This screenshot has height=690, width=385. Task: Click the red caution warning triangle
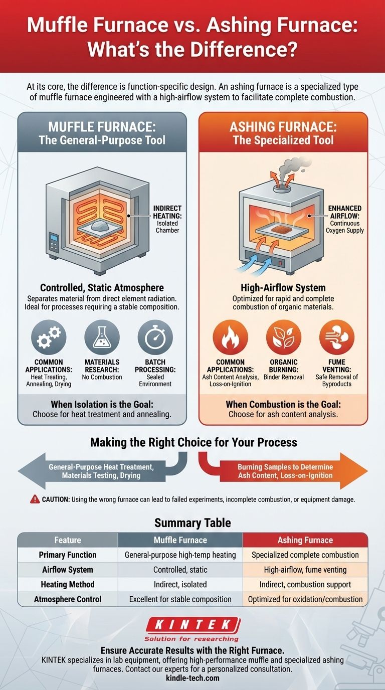coord(35,499)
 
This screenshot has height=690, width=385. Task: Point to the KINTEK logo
coord(192,625)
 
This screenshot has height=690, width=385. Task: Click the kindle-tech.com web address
coord(192,678)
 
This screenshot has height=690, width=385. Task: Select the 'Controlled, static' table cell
coord(180,570)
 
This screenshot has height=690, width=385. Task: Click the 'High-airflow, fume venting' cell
coord(305,570)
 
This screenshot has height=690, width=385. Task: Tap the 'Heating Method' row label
coord(68,584)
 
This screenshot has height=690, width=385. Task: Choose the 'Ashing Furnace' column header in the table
coord(305,540)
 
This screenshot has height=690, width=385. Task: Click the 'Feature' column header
coord(68,540)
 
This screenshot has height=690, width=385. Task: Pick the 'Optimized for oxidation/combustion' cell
coord(305,599)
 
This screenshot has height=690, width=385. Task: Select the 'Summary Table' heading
coord(192,523)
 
